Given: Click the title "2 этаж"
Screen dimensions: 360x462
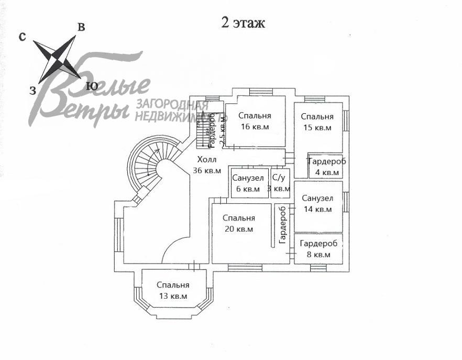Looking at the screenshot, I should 243,23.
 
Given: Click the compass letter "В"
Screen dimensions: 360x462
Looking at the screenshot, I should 81,27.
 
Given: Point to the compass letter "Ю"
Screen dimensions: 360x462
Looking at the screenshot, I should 92,86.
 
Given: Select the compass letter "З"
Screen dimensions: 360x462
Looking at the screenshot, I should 32,91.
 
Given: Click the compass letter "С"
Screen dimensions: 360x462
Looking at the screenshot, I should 23,36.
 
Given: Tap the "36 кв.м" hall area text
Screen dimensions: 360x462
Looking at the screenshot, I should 207,170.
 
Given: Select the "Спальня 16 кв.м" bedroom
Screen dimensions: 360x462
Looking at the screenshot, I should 255,121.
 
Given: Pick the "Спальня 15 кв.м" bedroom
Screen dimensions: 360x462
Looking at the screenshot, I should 317,122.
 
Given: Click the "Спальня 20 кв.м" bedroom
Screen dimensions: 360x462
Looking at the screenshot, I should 238,223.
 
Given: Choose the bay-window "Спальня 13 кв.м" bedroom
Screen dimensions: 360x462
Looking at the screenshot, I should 173,290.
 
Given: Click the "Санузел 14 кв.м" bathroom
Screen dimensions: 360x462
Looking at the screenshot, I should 317,204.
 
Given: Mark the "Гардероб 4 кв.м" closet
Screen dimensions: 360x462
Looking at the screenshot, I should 326,167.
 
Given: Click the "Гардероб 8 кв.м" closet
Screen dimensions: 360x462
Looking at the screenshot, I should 318,249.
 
